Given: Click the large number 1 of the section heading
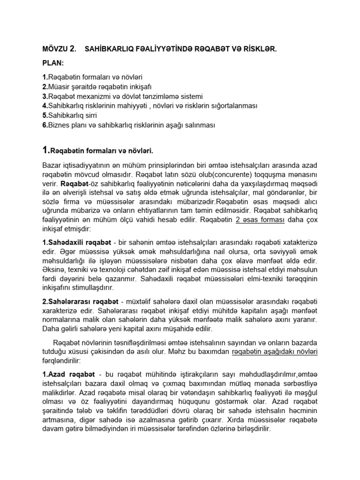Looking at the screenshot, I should pos(46,150).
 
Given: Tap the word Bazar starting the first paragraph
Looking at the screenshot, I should pos(52,165).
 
